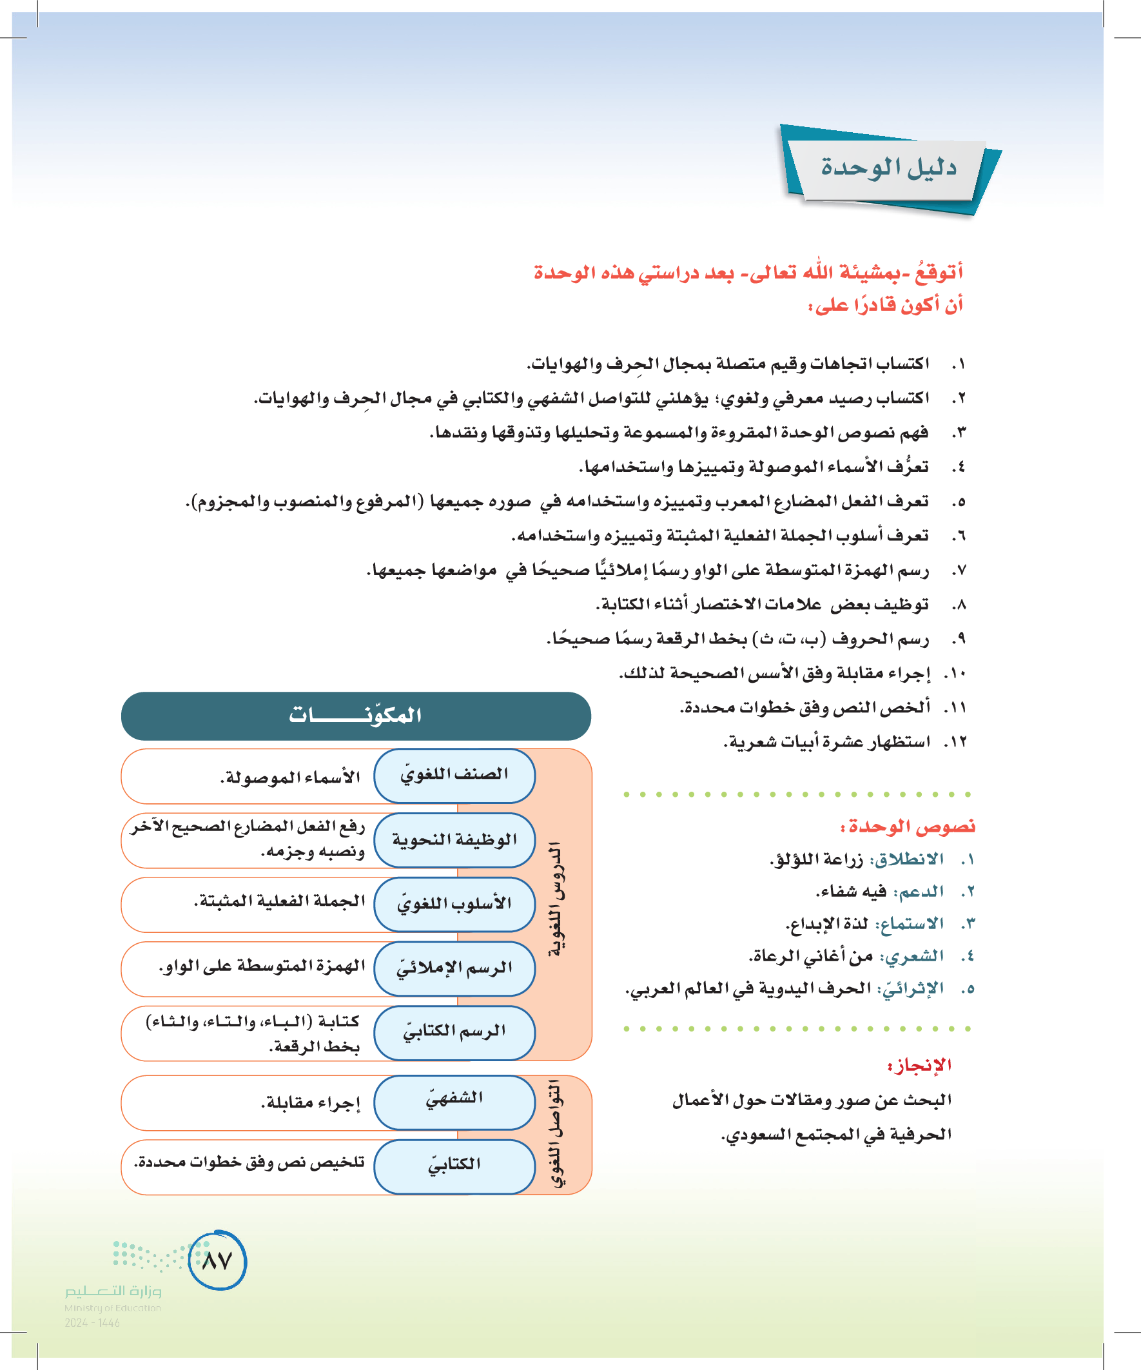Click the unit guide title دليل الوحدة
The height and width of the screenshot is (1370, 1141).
point(888,168)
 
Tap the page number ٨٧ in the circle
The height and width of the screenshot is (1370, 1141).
point(217,1260)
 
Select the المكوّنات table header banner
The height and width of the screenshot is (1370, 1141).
point(356,716)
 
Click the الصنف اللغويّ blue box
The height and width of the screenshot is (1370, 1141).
point(454,775)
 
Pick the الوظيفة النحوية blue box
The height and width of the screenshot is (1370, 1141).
point(454,839)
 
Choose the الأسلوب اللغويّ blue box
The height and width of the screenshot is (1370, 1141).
point(454,904)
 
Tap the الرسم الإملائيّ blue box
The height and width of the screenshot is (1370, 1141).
point(454,968)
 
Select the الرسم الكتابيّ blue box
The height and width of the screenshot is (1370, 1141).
point(454,1032)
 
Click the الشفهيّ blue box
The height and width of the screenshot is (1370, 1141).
point(454,1102)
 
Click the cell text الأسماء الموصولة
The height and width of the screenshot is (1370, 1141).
point(290,777)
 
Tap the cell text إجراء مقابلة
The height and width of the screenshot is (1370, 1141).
point(311,1103)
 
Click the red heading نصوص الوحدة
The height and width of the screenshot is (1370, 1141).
point(908,827)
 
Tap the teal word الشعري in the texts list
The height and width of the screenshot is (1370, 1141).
point(912,956)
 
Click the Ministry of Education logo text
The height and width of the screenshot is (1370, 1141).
point(113,1298)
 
